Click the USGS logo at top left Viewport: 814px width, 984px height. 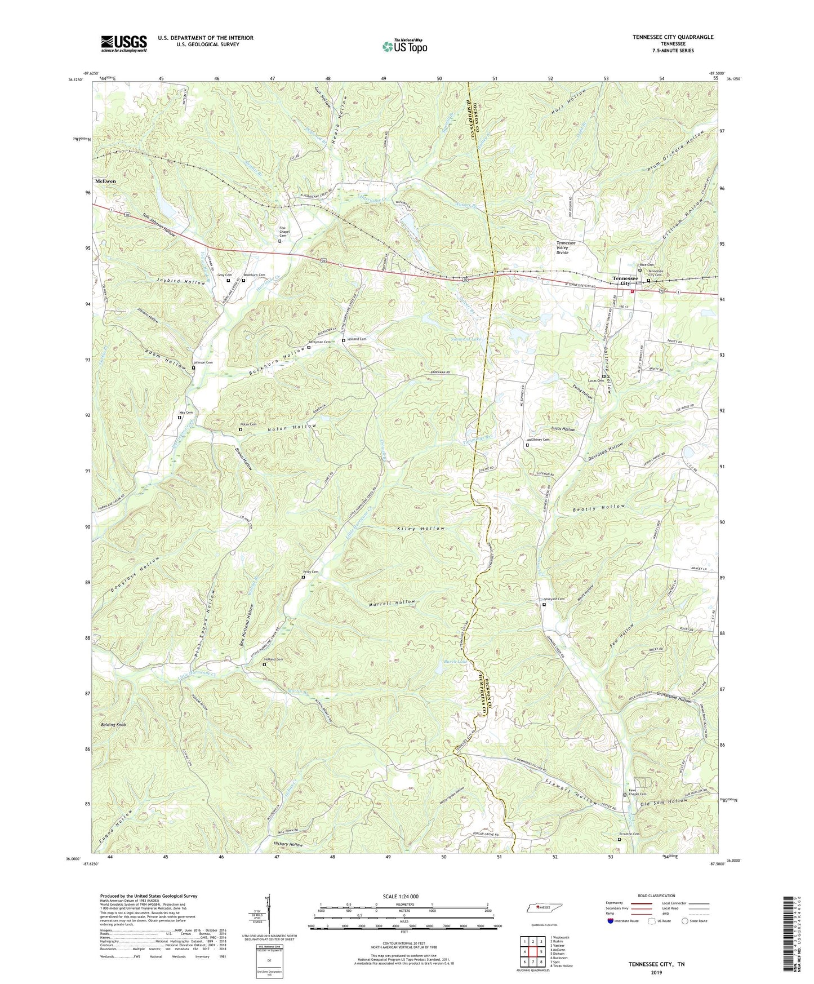124,43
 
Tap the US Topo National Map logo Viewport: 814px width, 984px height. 404,46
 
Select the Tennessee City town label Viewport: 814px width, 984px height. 625,281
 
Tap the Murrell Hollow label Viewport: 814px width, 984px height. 393,602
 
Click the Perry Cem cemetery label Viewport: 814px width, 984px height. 310,572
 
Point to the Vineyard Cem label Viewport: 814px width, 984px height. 554,599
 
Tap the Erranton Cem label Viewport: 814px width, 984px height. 629,834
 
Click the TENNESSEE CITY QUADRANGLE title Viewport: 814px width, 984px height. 673,37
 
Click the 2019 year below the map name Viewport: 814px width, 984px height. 656,972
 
